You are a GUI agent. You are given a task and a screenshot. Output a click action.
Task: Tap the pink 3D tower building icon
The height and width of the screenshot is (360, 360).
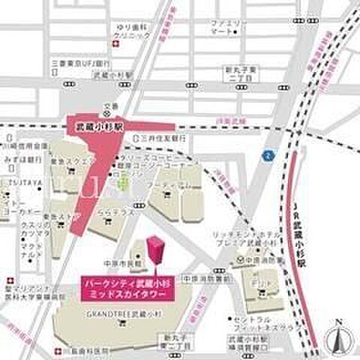[x=156, y=252]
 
